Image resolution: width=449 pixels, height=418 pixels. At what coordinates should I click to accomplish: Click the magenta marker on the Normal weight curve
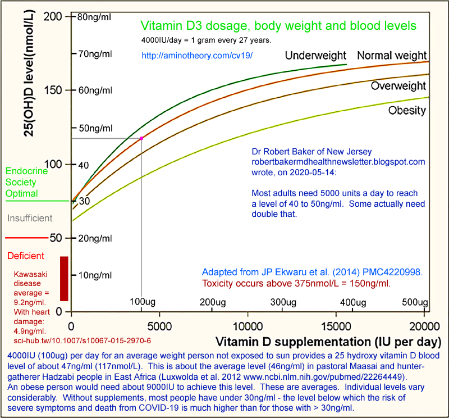(141, 138)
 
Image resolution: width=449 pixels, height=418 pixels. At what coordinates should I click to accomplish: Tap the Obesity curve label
(407, 110)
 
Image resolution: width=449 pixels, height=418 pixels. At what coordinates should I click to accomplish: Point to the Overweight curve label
(398, 86)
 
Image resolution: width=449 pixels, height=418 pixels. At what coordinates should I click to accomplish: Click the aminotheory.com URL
(197, 56)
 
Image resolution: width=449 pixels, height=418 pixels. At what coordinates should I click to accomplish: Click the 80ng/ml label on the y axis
(94, 17)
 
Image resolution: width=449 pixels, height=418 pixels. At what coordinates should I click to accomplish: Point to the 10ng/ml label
(94, 274)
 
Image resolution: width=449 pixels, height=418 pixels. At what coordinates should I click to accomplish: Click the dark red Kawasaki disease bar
(64, 278)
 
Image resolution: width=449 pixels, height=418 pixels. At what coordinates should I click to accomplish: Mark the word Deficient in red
(26, 256)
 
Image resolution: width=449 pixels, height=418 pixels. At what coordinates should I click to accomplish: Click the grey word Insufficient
(30, 218)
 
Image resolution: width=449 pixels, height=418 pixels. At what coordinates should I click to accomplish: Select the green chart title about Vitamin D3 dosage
(278, 26)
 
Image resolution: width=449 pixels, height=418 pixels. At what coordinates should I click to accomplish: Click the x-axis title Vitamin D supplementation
(324, 341)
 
